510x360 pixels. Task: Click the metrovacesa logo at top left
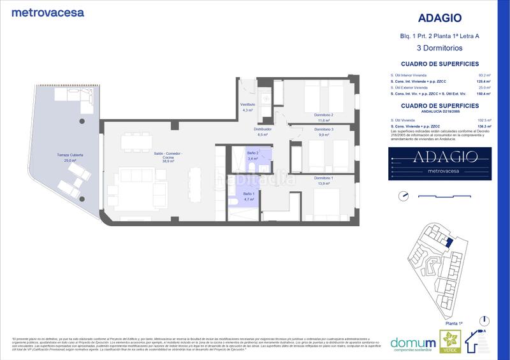pyautogui.click(x=48, y=12)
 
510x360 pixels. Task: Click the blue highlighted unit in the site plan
pyautogui.click(x=448, y=243)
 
